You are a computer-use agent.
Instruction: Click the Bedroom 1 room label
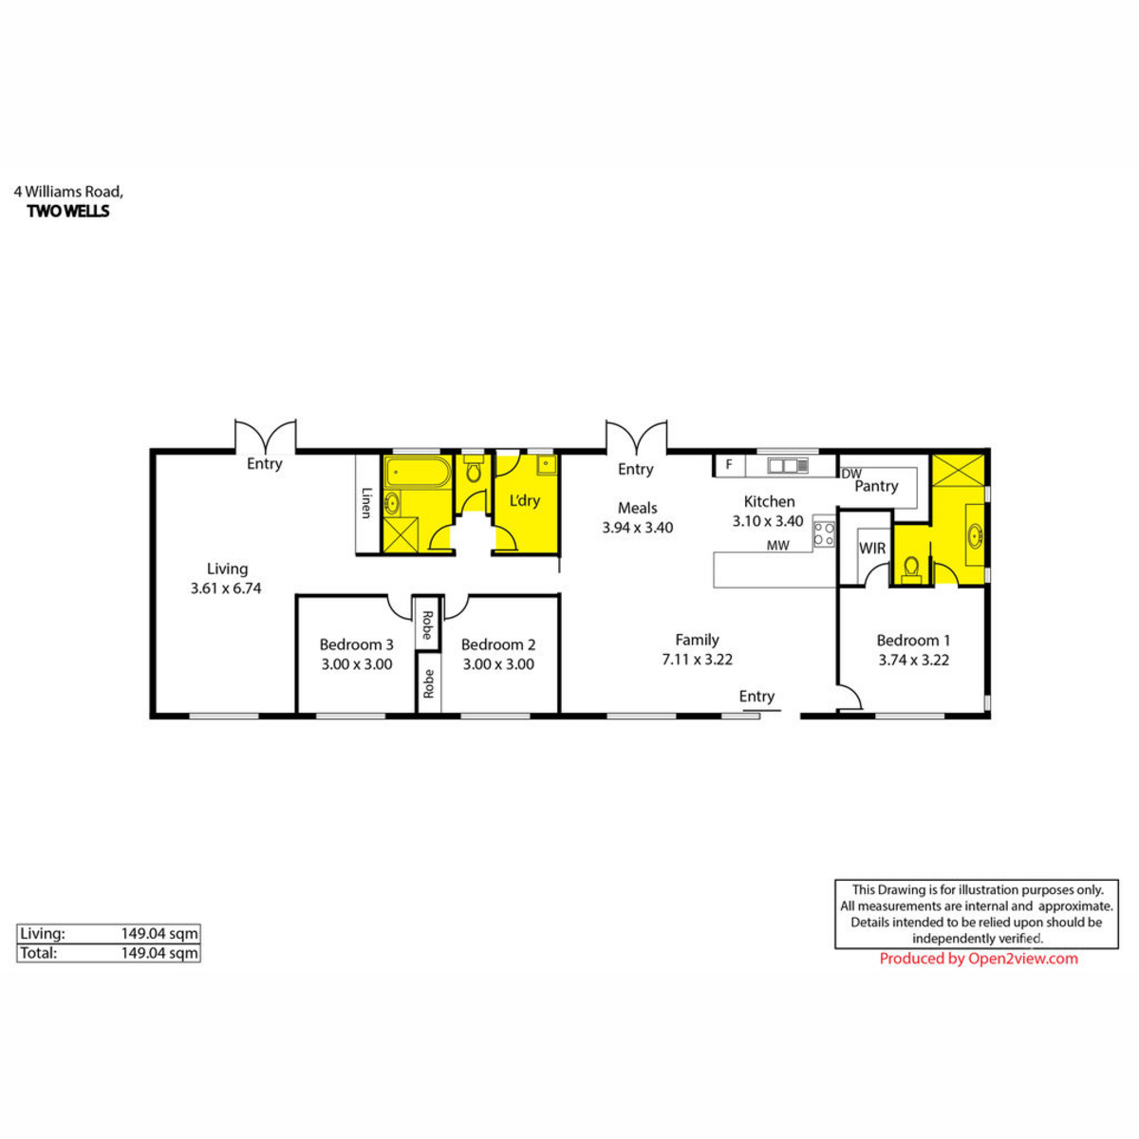tap(913, 640)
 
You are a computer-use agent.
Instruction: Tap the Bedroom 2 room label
tap(498, 644)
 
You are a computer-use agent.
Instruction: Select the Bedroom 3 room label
tap(357, 644)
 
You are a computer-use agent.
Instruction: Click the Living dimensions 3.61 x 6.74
tap(226, 588)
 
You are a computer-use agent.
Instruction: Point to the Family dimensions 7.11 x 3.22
tap(697, 659)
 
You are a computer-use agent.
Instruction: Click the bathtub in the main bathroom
tap(418, 472)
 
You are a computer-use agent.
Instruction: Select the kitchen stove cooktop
tap(824, 533)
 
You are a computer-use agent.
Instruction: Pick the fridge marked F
tap(729, 464)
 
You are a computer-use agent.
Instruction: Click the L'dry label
tap(525, 500)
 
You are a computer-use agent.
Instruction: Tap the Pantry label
tap(877, 486)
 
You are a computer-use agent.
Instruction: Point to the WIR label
tap(872, 548)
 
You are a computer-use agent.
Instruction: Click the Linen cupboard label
tap(366, 503)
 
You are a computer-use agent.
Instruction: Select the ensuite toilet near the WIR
tap(911, 569)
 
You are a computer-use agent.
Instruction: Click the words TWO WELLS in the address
tap(68, 211)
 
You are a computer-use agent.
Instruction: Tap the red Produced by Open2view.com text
tap(979, 958)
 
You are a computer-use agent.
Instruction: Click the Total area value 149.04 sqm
tap(159, 953)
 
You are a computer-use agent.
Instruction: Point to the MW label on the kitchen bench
tap(778, 546)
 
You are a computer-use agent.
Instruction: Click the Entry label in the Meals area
tap(635, 469)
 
